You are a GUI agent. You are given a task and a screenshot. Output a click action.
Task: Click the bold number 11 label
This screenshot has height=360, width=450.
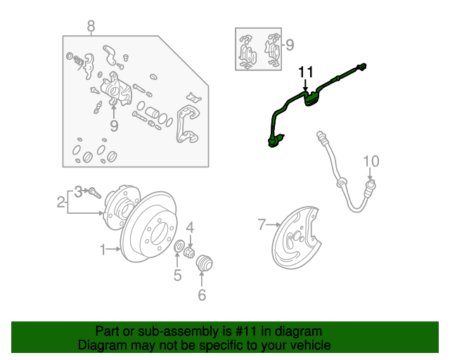(305, 72)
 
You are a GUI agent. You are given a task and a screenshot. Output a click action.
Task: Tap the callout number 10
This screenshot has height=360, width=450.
(371, 162)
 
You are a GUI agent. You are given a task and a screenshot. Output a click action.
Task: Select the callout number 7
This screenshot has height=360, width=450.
(262, 225)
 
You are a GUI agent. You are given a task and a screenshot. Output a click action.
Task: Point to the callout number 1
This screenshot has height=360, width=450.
(103, 249)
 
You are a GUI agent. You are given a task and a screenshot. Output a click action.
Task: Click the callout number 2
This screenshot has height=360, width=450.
(60, 203)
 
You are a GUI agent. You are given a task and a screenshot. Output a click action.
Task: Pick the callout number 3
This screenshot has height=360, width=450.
(79, 190)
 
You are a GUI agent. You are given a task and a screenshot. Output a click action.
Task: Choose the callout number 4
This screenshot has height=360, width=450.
(190, 226)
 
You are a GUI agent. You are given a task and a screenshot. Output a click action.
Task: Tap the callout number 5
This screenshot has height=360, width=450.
(178, 274)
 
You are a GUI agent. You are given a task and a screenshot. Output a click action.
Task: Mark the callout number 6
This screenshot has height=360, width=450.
(202, 295)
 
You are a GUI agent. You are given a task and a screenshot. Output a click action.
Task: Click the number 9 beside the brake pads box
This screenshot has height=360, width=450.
(290, 46)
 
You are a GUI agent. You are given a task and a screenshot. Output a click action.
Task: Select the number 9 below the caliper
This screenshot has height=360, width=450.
(114, 127)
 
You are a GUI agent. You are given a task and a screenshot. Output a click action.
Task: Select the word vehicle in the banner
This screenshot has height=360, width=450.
(309, 345)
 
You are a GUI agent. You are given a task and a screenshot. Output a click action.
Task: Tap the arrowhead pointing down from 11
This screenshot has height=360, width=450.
(305, 89)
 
